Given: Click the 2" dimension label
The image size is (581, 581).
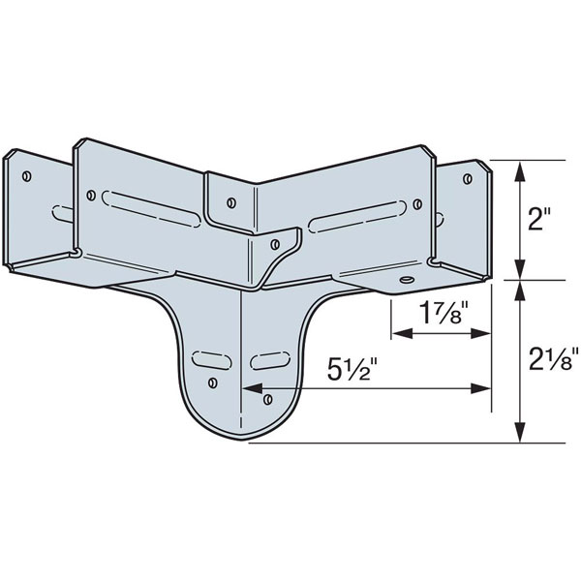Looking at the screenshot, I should (538, 220).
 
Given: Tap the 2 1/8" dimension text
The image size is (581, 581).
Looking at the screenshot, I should (551, 361).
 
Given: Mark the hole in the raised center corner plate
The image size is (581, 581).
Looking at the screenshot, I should (231, 202).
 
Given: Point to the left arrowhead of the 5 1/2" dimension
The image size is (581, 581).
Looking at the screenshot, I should (248, 389).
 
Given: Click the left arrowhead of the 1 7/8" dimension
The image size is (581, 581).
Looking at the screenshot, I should (397, 332).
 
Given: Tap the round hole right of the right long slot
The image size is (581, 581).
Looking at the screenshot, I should (417, 204).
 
